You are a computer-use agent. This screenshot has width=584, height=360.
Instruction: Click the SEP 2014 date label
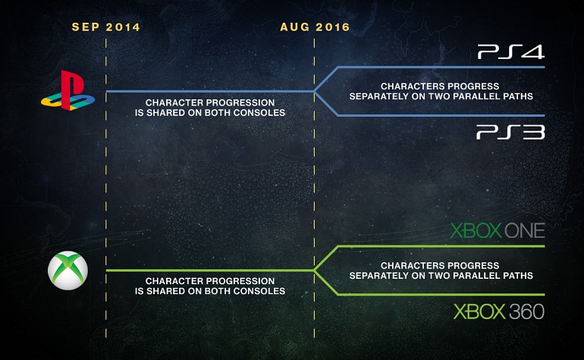point(105,27)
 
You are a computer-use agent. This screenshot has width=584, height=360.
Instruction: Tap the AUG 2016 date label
point(315,27)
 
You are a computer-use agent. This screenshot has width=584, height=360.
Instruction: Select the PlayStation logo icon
point(68,90)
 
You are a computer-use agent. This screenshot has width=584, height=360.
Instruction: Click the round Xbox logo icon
point(68,270)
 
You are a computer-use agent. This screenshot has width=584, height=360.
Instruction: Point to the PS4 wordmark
point(510,52)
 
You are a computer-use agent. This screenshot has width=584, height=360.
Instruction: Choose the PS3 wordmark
point(510,133)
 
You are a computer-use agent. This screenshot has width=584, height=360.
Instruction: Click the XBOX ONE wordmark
point(498,230)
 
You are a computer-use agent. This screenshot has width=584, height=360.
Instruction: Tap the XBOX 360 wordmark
point(498,311)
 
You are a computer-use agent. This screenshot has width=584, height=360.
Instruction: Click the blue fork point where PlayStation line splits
point(316,91)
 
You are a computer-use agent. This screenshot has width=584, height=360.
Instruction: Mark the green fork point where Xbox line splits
point(316,271)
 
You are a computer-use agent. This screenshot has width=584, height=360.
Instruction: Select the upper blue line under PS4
point(440,67)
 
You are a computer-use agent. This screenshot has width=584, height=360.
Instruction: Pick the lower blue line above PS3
point(440,115)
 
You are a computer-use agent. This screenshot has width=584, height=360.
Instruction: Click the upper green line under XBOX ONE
point(440,246)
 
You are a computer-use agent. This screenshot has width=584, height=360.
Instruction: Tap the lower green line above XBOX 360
point(440,295)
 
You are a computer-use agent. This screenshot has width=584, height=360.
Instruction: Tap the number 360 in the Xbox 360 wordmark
point(525,311)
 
